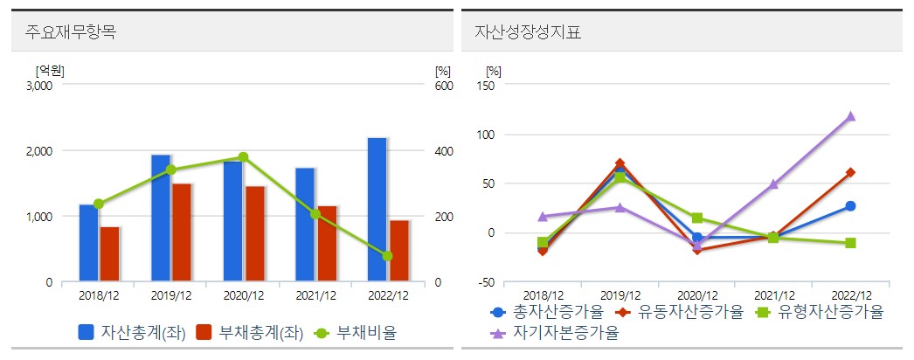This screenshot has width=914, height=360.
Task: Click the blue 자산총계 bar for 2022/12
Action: click(x=377, y=210)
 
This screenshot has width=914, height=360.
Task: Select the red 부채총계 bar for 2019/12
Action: click(x=182, y=232)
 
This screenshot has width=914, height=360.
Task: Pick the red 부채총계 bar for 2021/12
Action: click(x=327, y=244)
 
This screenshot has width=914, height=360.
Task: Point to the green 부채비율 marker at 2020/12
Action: click(x=243, y=157)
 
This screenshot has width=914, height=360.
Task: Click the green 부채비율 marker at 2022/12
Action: click(x=387, y=256)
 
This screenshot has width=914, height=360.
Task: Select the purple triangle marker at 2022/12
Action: click(x=850, y=116)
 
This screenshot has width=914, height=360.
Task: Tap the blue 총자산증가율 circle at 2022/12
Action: click(x=850, y=206)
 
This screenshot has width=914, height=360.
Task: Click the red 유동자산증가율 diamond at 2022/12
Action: click(x=850, y=172)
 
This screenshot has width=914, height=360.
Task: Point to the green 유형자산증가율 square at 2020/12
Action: click(x=696, y=218)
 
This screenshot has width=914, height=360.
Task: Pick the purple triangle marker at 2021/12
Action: click(x=773, y=184)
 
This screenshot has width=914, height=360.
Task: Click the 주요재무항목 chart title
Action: click(x=72, y=33)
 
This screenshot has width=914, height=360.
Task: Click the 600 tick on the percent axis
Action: click(x=444, y=86)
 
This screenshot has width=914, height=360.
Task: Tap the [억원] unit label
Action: click(x=50, y=70)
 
